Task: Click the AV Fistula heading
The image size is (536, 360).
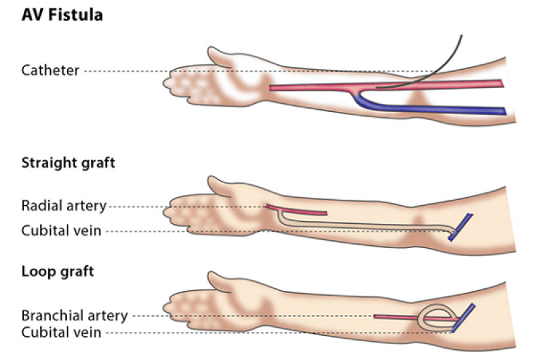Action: click(62, 15)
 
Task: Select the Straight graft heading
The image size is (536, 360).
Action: click(68, 163)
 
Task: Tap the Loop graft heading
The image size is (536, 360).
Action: click(58, 272)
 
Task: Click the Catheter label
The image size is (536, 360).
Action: click(50, 70)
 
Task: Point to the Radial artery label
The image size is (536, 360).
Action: click(64, 206)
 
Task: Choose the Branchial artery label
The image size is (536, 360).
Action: click(74, 315)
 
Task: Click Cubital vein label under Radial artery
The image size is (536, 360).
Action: click(61, 231)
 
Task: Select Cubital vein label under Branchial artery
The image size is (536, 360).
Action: click(61, 333)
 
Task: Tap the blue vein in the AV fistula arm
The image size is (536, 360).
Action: click(427, 109)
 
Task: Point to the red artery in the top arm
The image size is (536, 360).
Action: click(387, 86)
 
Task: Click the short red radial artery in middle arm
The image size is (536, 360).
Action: click(296, 210)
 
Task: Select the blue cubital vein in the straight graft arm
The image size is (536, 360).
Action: click(460, 227)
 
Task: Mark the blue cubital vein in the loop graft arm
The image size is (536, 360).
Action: click(463, 318)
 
